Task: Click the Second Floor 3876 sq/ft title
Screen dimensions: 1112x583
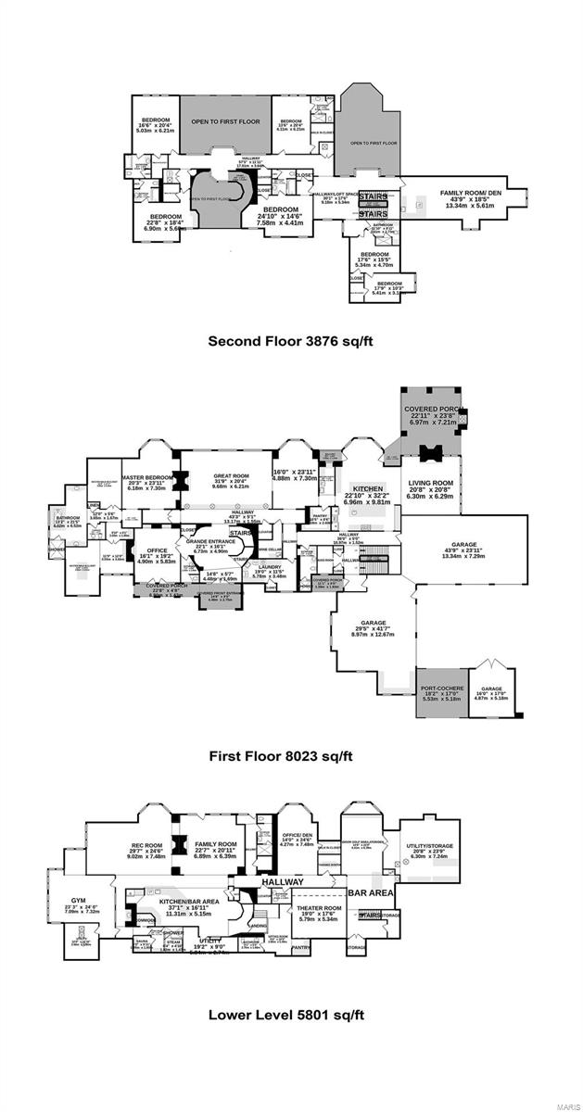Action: [x=291, y=341]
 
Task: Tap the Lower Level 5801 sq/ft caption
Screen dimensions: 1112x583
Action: [x=291, y=1014]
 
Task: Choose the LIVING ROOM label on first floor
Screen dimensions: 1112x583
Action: [x=430, y=483]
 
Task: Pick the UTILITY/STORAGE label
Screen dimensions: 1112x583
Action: [x=428, y=845]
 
